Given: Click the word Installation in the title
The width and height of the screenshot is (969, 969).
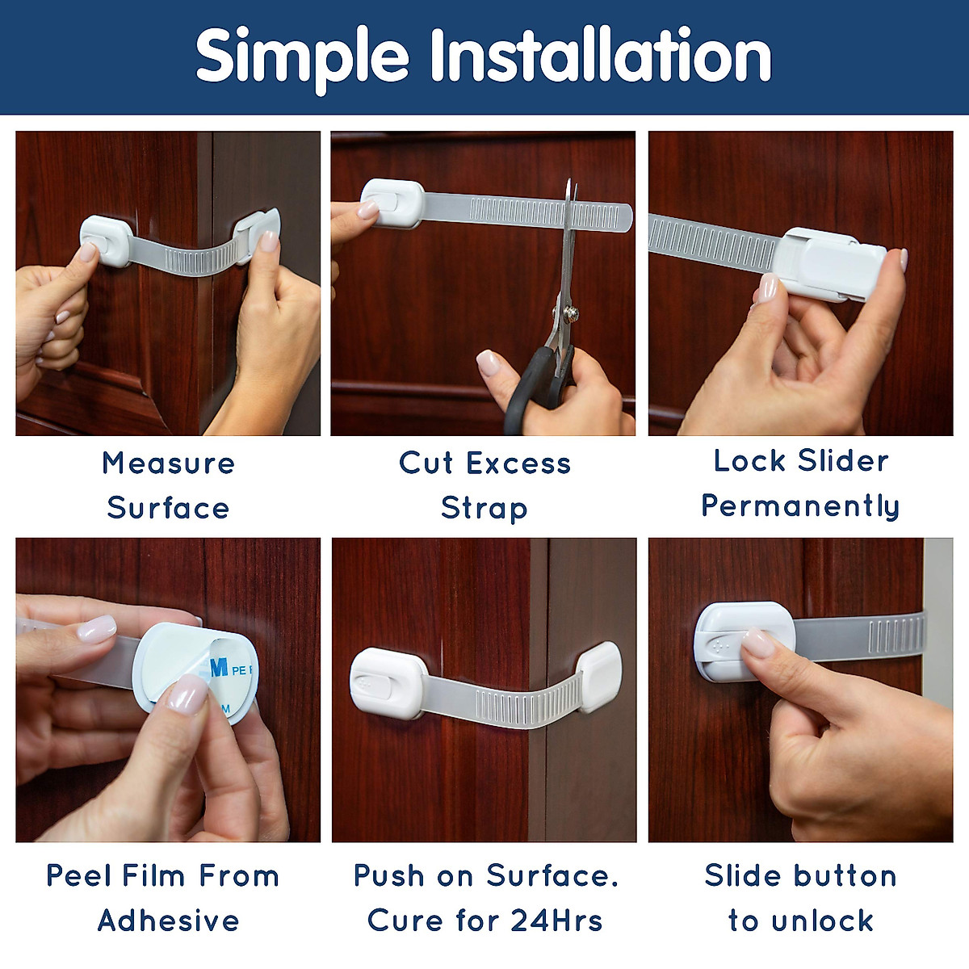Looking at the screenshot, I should pyautogui.click(x=600, y=57).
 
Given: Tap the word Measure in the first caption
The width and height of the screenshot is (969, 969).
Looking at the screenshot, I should pyautogui.click(x=168, y=464).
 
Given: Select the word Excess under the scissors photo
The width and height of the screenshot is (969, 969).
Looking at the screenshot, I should pyautogui.click(x=518, y=464).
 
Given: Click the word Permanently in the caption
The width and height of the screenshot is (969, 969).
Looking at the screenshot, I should pyautogui.click(x=799, y=506).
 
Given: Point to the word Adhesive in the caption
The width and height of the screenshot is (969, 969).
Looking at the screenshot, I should pyautogui.click(x=168, y=921).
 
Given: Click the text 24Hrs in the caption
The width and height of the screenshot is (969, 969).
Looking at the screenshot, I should pyautogui.click(x=556, y=921).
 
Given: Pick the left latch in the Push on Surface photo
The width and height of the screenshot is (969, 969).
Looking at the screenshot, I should pyautogui.click(x=387, y=682).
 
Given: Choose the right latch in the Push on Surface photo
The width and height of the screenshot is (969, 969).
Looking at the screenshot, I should pyautogui.click(x=600, y=676).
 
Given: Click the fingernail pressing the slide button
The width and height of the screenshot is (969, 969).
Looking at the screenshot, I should pyautogui.click(x=758, y=644).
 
